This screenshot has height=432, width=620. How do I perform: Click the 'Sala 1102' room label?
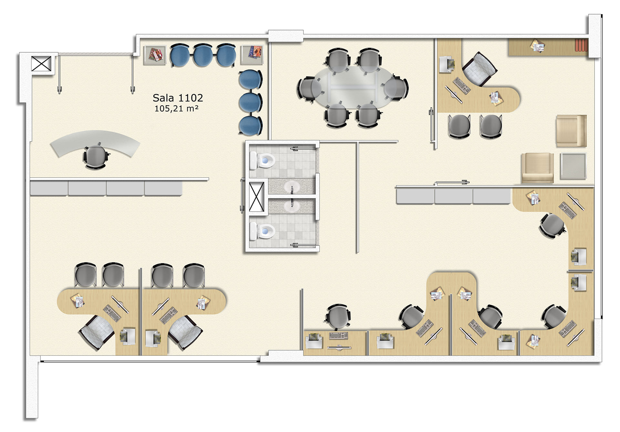(178, 98)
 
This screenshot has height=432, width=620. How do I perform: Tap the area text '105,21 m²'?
(176, 109)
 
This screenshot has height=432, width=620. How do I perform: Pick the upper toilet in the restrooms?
(262, 160)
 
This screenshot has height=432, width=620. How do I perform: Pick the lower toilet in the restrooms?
(262, 231)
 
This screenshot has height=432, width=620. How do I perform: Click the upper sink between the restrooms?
(292, 187)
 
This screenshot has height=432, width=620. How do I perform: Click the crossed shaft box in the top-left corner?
(41, 63)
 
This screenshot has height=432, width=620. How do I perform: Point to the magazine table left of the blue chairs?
(155, 55)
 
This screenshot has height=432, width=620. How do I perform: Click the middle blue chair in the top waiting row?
(203, 55)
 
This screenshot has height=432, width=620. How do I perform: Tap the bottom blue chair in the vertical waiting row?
(251, 125)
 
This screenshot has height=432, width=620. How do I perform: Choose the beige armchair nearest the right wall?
(571, 131)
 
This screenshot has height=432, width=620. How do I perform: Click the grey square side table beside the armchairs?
(573, 166)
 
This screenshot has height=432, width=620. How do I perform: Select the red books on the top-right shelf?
(581, 45)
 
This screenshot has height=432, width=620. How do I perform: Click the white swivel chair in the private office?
(479, 69)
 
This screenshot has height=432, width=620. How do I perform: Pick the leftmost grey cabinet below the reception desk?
(49, 188)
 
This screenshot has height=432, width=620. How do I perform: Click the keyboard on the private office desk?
(462, 86)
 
